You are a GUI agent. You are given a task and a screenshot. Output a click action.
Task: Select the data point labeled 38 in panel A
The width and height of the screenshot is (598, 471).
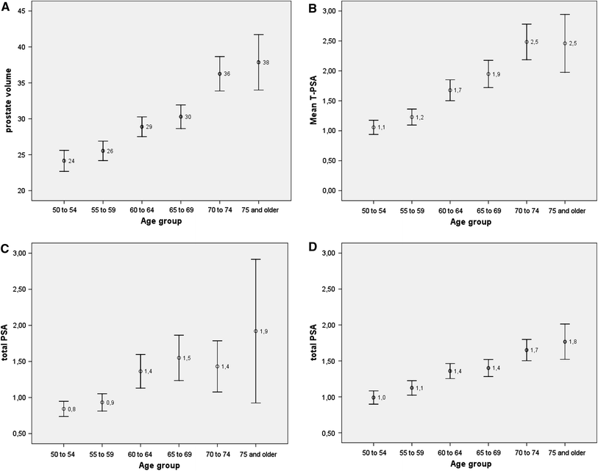(258, 62)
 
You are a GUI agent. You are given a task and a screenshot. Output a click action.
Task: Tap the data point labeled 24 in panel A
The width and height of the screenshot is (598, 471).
(64, 160)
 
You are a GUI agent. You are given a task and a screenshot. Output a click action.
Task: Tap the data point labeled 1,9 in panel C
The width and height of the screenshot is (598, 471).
(256, 331)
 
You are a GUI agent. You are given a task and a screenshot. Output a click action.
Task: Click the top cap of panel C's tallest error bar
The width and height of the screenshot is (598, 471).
(256, 259)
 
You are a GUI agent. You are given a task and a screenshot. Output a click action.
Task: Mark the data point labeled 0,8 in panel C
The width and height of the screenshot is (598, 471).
(64, 409)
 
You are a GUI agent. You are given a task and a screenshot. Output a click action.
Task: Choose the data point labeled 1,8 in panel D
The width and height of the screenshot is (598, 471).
(565, 342)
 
